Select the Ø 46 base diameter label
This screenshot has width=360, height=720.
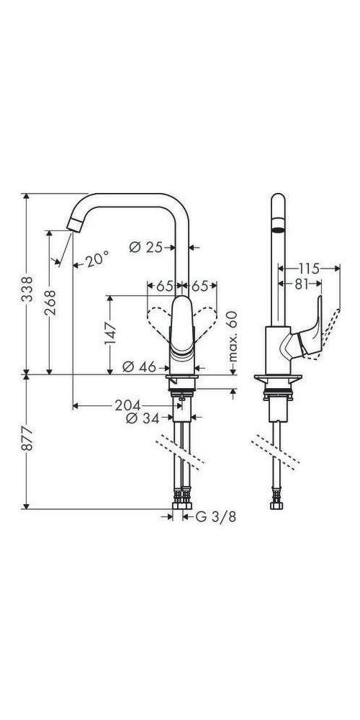(x=138, y=366)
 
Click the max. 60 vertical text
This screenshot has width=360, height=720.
(x=232, y=336)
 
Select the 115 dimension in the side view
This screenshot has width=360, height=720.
(x=310, y=266)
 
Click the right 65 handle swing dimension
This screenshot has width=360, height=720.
(x=199, y=286)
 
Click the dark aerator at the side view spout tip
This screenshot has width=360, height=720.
(x=276, y=230)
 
